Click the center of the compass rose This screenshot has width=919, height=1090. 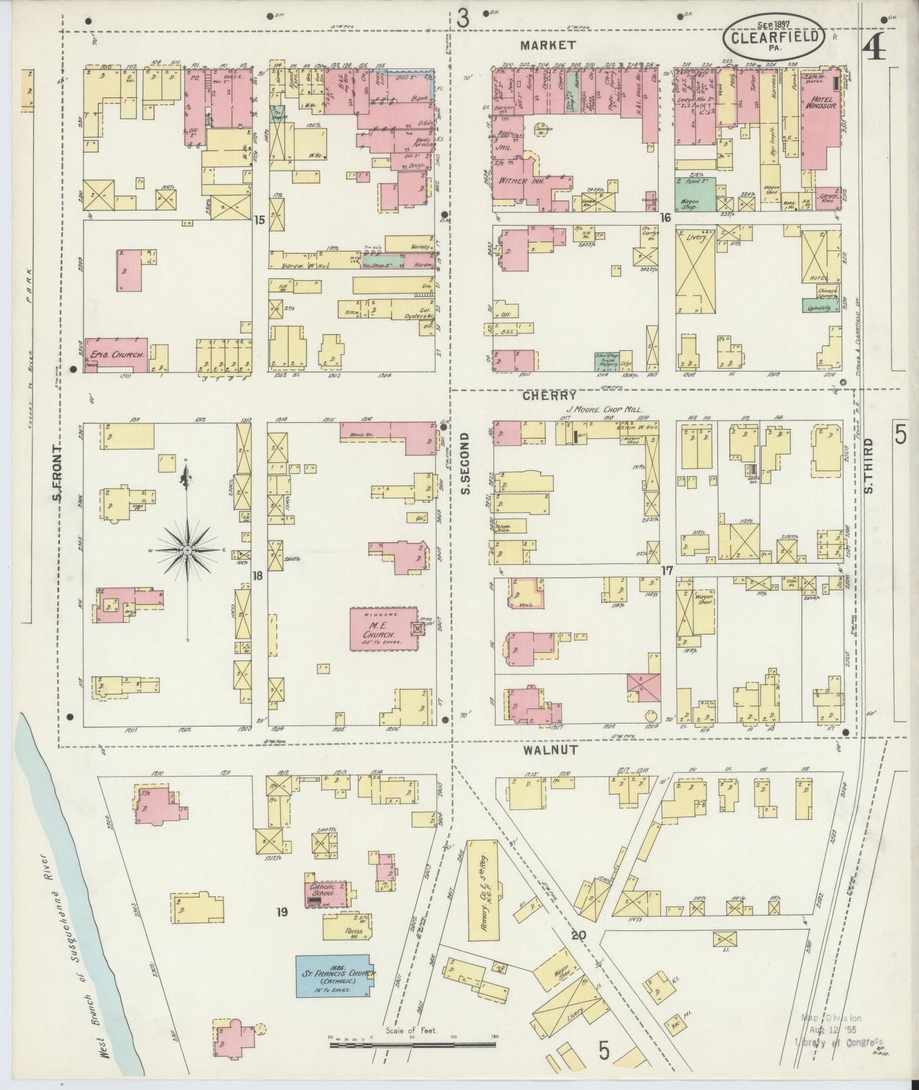pos(188,549)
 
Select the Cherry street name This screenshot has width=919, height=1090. pos(541,395)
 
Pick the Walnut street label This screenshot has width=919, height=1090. pos(550,750)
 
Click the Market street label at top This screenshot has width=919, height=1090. pos(548,45)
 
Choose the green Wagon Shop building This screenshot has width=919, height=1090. pos(693,193)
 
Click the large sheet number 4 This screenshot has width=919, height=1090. pos(875,46)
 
